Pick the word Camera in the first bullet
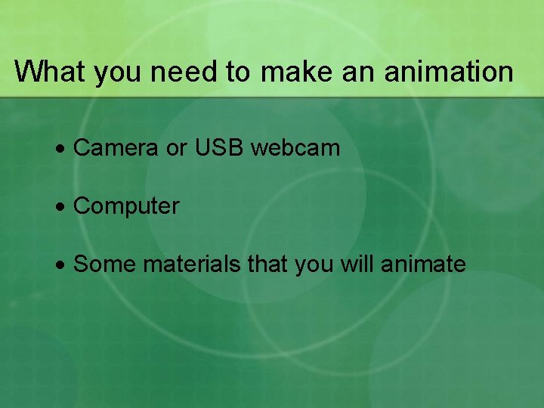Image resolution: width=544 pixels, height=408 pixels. pos(116,148)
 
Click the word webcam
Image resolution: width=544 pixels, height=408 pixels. pos(295,148)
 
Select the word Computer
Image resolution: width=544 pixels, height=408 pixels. pos(126,206)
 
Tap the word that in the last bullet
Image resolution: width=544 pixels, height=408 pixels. pos(268,264)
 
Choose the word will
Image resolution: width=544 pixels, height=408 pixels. pos(357,264)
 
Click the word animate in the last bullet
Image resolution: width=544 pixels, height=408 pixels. pos(423,264)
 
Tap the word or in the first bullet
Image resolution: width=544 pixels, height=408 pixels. pos(175,148)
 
